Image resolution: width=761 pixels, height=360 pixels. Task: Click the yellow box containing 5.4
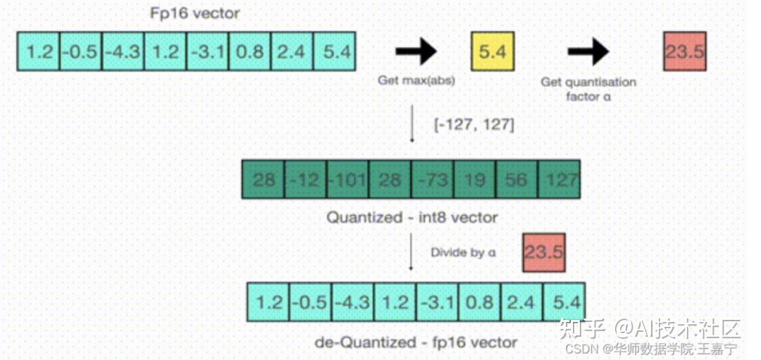coord(493,51)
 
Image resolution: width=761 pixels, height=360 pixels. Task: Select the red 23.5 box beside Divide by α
coord(544,252)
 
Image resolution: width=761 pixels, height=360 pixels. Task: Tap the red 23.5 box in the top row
coord(685,51)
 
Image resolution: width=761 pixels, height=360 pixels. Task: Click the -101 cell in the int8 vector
coord(347,180)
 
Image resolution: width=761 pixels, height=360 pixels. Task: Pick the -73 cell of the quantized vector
coord(432,180)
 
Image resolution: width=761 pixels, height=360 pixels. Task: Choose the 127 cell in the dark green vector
coord(559,180)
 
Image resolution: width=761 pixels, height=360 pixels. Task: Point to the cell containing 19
coord(474,180)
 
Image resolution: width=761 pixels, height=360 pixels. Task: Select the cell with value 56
coord(516,180)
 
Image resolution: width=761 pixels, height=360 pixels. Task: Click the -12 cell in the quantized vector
coord(305,180)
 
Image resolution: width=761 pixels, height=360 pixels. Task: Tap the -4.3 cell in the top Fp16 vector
coord(123,51)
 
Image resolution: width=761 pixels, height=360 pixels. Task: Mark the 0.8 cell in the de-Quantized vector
coord(480,302)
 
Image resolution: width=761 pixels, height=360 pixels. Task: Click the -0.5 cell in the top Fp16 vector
coord(80,51)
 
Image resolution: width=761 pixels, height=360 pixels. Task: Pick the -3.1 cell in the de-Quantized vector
coord(438,302)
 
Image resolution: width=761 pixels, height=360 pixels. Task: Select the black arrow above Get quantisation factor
coord(588,51)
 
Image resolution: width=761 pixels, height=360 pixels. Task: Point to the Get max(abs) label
coord(416,81)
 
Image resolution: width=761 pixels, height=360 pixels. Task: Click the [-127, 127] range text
coord(474,125)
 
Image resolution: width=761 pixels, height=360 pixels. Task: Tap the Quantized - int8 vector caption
coord(412,218)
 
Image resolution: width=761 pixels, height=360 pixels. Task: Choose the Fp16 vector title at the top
coord(194,13)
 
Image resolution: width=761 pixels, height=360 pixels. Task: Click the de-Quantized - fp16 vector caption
coord(416,342)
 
